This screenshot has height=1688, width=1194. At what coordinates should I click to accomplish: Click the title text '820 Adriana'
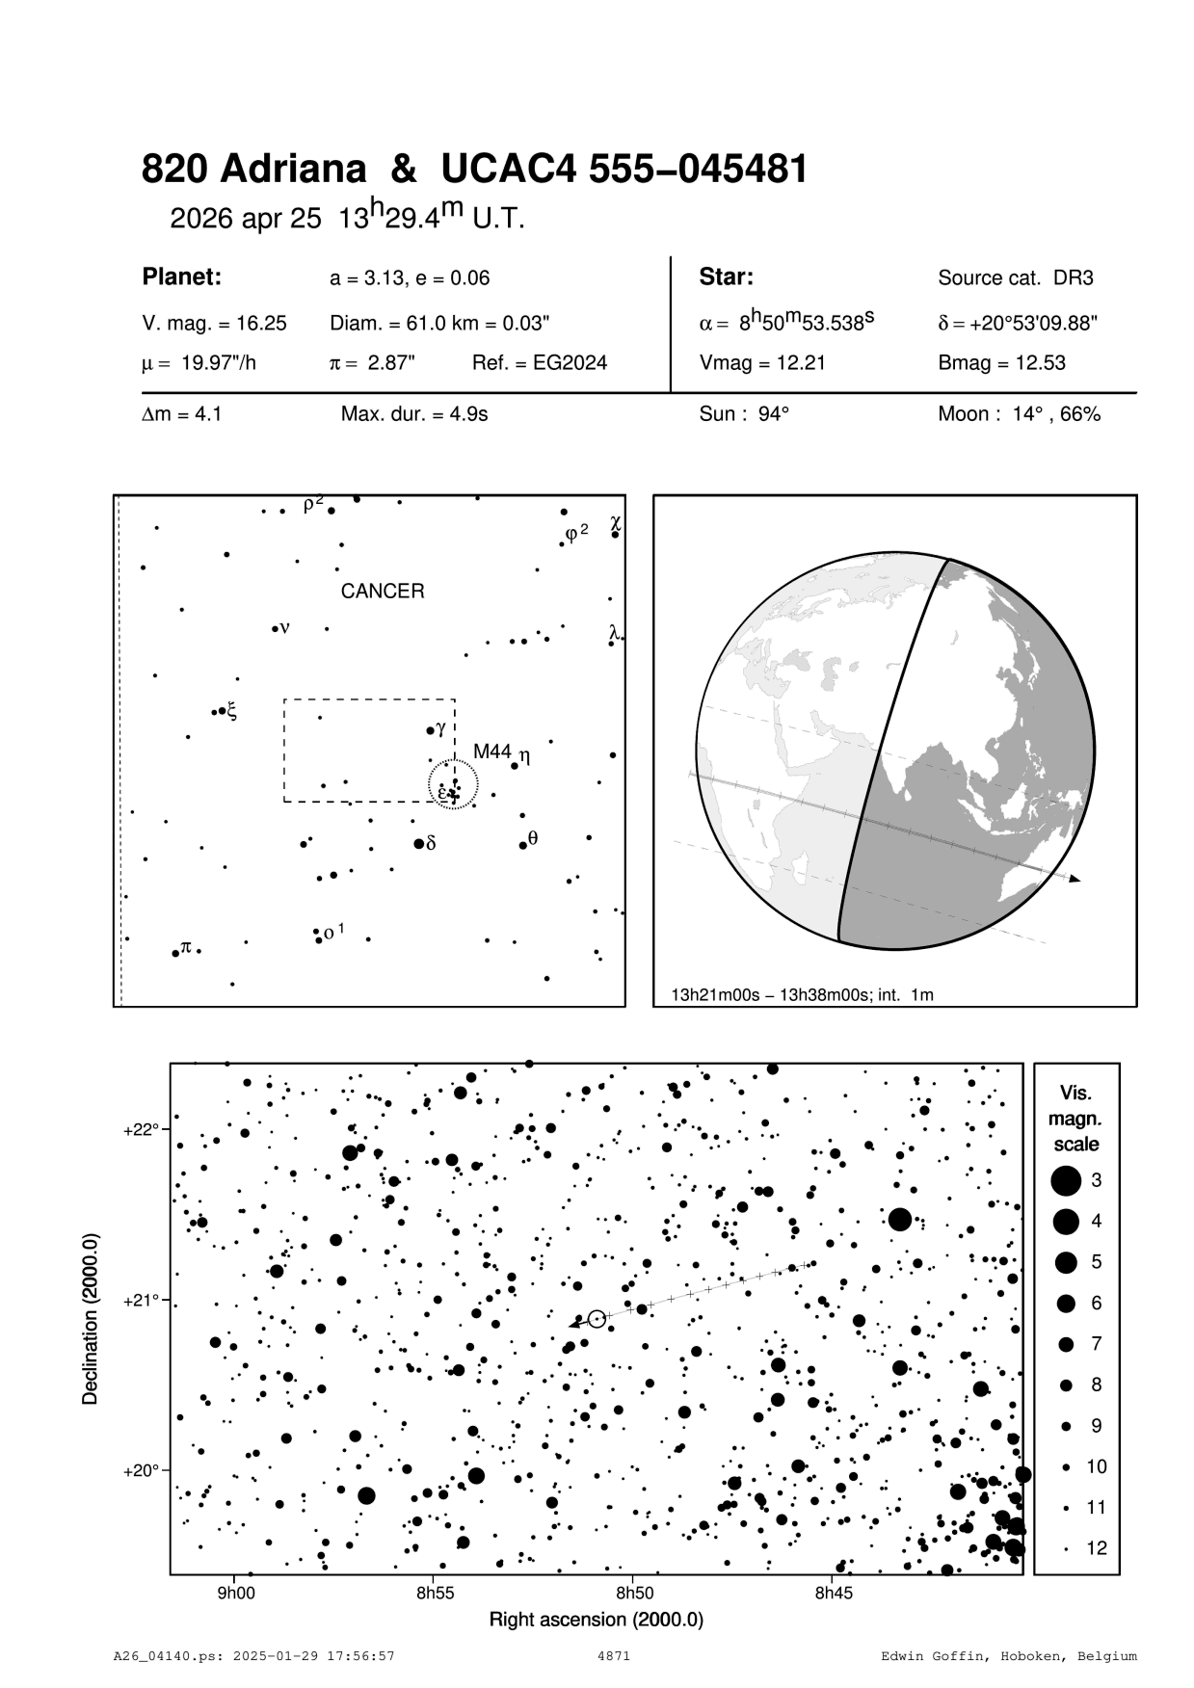(x=253, y=170)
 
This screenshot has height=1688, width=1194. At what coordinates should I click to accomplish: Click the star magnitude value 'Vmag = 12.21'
(x=762, y=363)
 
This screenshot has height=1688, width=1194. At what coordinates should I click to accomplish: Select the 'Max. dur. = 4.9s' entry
(x=414, y=414)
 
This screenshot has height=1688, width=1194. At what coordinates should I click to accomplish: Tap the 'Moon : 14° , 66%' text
(x=1019, y=414)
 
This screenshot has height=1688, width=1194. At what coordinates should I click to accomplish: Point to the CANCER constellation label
(x=383, y=592)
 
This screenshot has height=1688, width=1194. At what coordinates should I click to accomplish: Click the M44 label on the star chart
(x=491, y=752)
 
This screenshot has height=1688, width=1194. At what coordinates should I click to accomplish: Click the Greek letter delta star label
(x=431, y=843)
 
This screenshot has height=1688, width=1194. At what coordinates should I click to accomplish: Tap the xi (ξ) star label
(x=231, y=712)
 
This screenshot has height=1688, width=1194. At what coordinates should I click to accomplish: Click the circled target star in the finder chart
(x=597, y=1318)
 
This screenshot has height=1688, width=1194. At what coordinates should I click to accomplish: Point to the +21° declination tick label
(x=141, y=1300)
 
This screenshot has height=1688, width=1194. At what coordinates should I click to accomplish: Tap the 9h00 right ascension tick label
(x=235, y=1593)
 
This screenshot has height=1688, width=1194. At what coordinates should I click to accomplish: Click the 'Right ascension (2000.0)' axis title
(x=597, y=1619)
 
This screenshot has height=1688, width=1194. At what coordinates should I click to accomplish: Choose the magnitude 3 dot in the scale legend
(x=1066, y=1180)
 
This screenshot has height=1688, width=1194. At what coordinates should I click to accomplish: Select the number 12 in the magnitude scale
(x=1097, y=1548)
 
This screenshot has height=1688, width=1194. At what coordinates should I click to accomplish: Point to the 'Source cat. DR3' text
(x=1016, y=278)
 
